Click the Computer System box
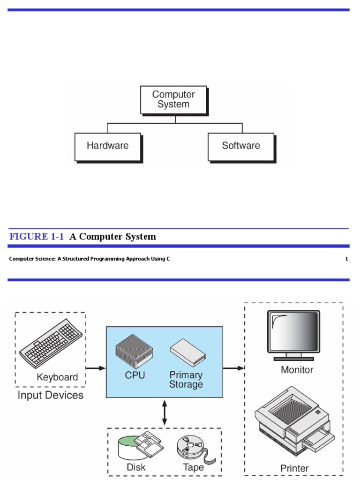pyautogui.click(x=173, y=100)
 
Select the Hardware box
pyautogui.click(x=108, y=146)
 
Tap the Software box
pyautogui.click(x=241, y=146)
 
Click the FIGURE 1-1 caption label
pyautogui.click(x=37, y=237)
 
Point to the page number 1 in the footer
pyautogui.click(x=346, y=259)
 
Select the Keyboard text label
pyautogui.click(x=57, y=377)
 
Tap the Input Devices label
pyautogui.click(x=51, y=395)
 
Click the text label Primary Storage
pyautogui.click(x=186, y=380)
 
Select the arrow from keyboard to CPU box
pyautogui.click(x=96, y=368)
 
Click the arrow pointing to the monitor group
pyautogui.click(x=233, y=368)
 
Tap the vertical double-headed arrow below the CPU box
pyautogui.click(x=164, y=412)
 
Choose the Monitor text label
pyautogui.click(x=297, y=370)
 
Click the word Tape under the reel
pyautogui.click(x=193, y=467)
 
